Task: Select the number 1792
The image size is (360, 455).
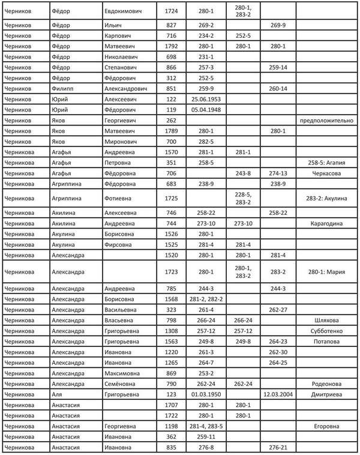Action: click(170, 46)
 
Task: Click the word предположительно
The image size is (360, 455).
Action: click(328, 120)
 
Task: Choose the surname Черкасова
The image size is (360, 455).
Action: click(328, 173)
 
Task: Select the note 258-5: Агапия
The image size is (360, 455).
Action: click(328, 162)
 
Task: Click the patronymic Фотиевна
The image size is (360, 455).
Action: click(119, 197)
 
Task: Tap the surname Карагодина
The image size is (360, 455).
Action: click(328, 223)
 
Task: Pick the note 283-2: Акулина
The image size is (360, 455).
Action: click(328, 197)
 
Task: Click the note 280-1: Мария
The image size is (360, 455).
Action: click(328, 271)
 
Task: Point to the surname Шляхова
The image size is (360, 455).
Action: click(328, 321)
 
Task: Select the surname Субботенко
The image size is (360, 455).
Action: click(328, 331)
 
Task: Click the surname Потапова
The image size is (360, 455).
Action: click(328, 342)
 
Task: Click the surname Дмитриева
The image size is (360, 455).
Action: click(328, 394)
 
